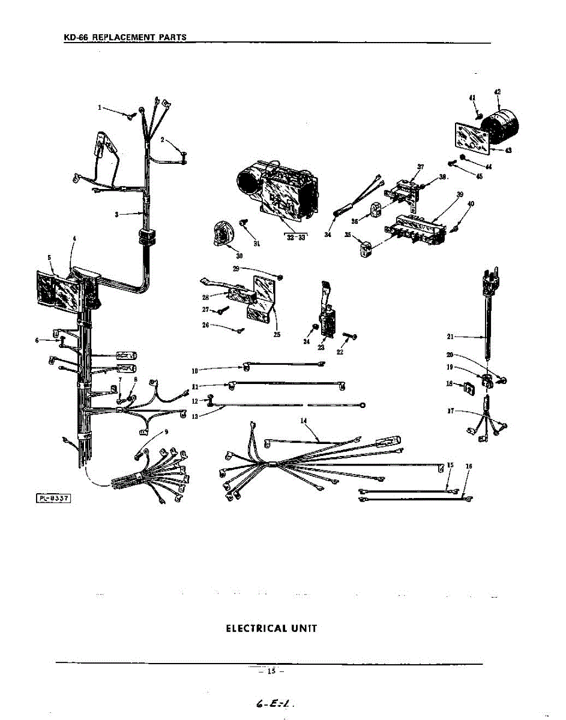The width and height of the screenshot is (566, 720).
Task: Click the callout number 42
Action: pos(498,92)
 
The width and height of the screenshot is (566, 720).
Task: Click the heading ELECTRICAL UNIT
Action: pos(271,628)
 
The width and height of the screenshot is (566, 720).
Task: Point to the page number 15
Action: pos(271,671)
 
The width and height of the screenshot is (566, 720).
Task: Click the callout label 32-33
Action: pos(294,236)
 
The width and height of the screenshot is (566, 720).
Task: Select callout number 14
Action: pos(304,421)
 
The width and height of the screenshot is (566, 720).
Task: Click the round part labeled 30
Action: pos(223,233)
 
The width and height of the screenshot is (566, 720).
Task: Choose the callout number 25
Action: pos(277,334)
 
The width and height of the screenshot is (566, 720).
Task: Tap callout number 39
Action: pos(460,194)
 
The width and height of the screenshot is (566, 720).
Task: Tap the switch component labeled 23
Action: pos(329,321)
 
